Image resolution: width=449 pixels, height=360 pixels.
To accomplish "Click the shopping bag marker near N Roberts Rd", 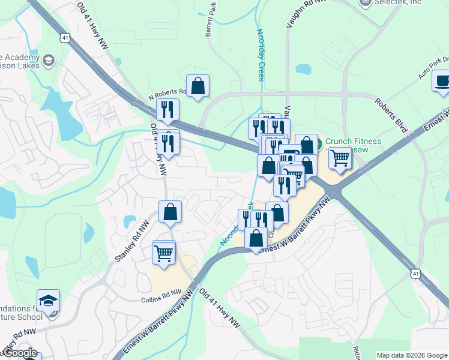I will point(197,86).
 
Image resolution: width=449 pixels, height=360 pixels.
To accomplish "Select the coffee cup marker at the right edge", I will point(442,81).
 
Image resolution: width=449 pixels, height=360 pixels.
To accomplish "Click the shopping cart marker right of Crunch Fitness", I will point(340,158).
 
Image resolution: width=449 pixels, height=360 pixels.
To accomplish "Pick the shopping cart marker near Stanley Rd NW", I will point(164,253).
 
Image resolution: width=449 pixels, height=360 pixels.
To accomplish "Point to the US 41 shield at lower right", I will point(415,274).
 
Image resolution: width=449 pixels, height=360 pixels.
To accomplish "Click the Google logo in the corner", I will point(20,353).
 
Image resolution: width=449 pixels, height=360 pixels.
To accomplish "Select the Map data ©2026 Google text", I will point(411,355).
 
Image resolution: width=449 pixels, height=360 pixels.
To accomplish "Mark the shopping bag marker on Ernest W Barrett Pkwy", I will point(256,238).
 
